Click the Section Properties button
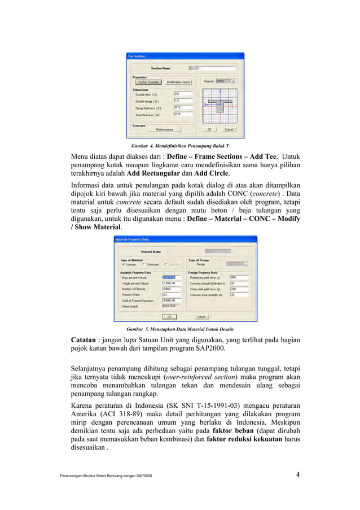(147, 82)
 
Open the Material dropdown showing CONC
(226, 82)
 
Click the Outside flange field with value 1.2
(183, 101)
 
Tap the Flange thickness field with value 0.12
(183, 107)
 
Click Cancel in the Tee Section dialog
(229, 129)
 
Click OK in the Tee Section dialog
(209, 129)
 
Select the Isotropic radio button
(124, 264)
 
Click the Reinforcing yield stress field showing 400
(237, 277)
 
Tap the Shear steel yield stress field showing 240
(237, 289)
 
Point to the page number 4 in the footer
(297, 474)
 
